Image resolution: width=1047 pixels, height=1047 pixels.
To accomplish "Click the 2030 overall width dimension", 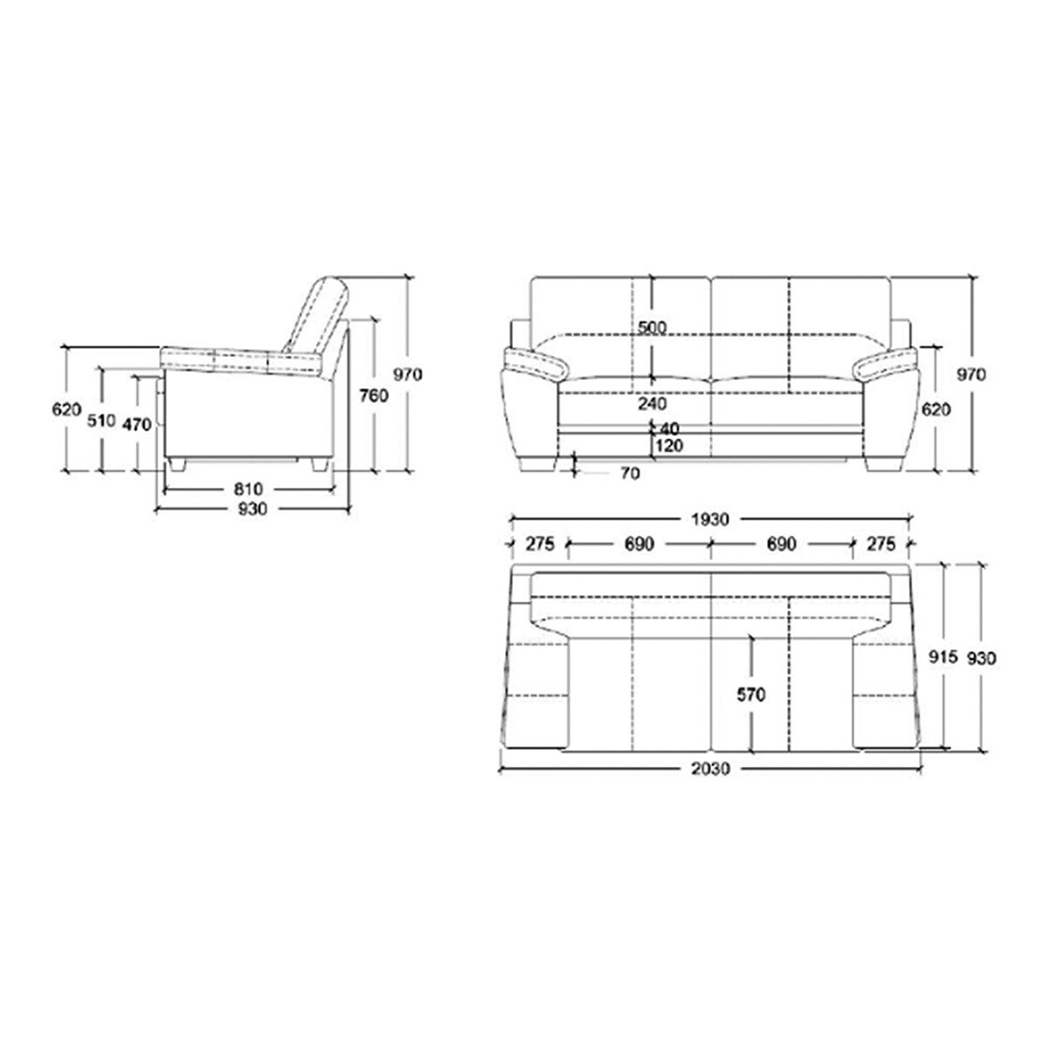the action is click(x=711, y=769).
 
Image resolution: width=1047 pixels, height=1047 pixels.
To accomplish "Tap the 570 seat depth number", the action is click(x=751, y=695).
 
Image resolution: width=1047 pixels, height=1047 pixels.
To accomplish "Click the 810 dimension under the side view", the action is click(x=249, y=489).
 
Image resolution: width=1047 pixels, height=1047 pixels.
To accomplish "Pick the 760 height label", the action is click(x=373, y=395).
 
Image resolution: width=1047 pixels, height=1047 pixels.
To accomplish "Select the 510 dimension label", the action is click(x=101, y=421).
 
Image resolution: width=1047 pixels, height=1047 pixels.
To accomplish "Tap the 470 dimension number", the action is click(x=136, y=424).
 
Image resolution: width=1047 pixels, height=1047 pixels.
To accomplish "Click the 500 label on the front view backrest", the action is click(x=652, y=328).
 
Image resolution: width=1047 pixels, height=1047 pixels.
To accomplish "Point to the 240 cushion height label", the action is click(x=652, y=404).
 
